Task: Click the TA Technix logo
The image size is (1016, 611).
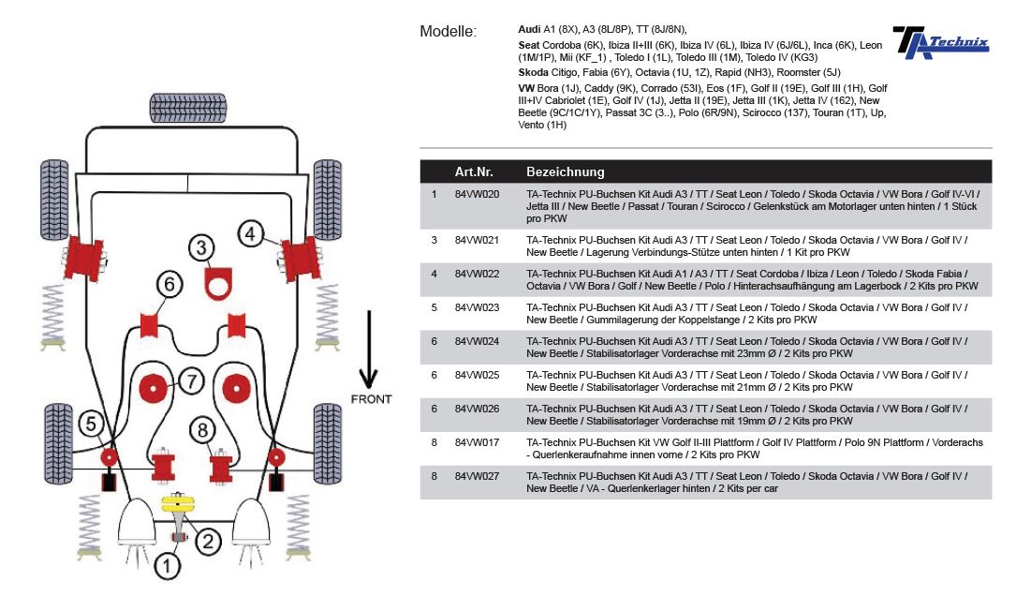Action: click(x=939, y=42)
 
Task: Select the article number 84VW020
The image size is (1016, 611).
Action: click(x=477, y=195)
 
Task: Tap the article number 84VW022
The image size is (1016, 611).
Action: click(x=477, y=274)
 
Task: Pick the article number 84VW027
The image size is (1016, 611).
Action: click(x=477, y=476)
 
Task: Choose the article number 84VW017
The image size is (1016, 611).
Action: click(x=477, y=442)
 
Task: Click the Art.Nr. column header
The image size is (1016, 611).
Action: click(x=474, y=171)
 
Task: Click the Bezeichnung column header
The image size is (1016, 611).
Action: click(x=566, y=171)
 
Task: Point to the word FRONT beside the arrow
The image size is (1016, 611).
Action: click(x=371, y=399)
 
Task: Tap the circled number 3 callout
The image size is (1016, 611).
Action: click(x=200, y=248)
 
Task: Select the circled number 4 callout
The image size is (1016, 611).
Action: click(x=250, y=232)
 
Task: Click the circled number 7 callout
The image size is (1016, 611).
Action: click(x=190, y=381)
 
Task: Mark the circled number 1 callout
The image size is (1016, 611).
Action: click(x=167, y=565)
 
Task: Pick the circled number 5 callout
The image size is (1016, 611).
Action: click(x=91, y=424)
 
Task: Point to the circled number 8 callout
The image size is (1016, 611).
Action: click(x=200, y=430)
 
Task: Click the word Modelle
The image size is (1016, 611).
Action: click(x=448, y=32)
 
